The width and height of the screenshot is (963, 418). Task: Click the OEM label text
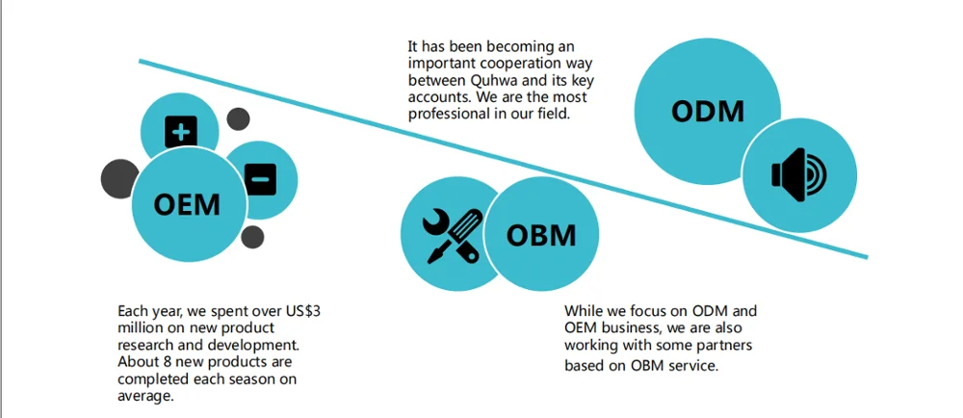[187, 204]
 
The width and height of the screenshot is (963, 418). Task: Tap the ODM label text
[708, 111]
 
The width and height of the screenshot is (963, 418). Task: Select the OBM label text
[541, 235]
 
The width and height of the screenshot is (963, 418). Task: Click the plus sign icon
[180, 132]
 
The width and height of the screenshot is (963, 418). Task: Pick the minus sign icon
[260, 178]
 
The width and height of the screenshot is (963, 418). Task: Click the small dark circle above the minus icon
[239, 119]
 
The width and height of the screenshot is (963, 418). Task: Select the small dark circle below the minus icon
[252, 237]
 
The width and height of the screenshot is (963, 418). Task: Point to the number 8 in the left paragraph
[164, 361]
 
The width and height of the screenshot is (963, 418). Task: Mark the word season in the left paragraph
[253, 379]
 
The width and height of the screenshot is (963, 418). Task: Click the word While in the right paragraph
[586, 310]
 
